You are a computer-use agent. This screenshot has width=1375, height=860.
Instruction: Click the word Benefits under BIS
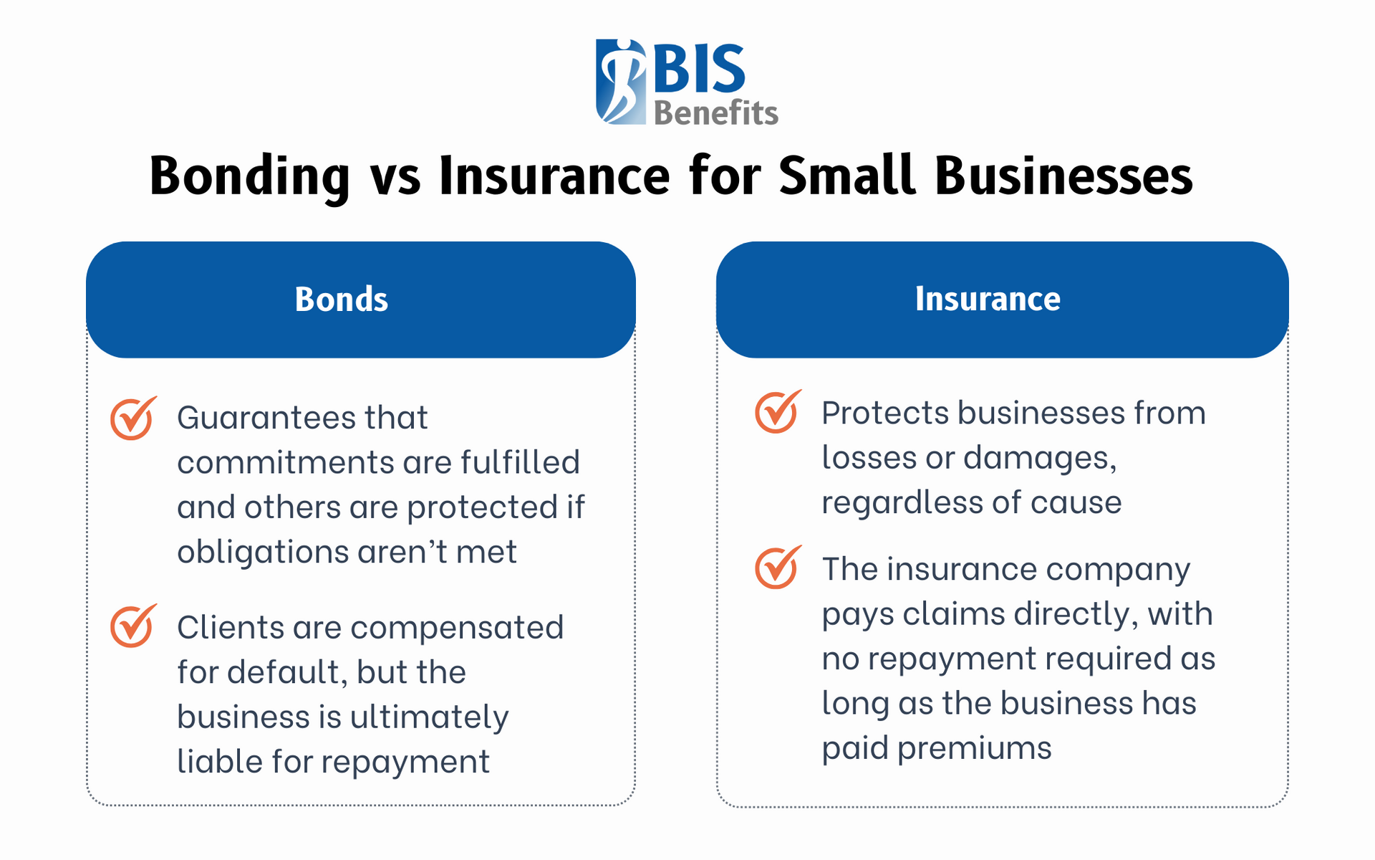(x=715, y=113)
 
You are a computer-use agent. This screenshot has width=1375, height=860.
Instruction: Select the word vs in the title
(x=395, y=178)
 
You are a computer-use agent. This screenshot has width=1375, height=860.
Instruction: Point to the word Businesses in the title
(x=1063, y=176)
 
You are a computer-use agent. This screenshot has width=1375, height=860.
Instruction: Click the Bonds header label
(x=342, y=300)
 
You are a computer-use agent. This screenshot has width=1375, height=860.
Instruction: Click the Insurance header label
(x=988, y=299)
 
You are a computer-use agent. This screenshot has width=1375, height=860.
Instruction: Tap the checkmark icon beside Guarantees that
(x=132, y=418)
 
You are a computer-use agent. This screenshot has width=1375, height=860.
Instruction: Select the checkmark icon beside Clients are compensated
(x=132, y=626)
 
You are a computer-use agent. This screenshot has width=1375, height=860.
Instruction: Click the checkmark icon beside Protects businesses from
(x=777, y=412)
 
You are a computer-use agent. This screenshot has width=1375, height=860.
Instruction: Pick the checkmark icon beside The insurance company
(x=777, y=568)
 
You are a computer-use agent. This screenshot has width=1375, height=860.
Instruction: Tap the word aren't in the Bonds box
(x=401, y=552)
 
